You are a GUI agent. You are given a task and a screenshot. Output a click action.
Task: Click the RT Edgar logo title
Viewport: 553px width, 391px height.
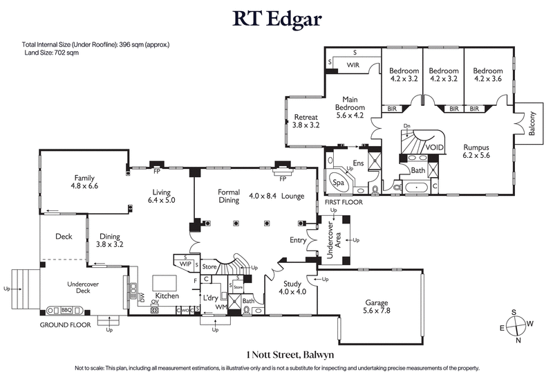coord(276,19)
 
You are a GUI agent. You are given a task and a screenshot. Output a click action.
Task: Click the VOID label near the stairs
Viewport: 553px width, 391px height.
coord(435,147)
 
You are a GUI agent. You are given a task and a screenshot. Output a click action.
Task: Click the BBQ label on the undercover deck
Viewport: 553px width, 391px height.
coord(66,311)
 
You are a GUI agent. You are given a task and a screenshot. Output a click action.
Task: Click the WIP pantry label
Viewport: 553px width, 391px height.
coord(185,264)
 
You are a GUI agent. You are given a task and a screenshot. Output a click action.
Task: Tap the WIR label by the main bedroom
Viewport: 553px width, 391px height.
coord(353,65)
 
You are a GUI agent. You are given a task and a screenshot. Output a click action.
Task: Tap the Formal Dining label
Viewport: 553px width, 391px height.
coord(229,196)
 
